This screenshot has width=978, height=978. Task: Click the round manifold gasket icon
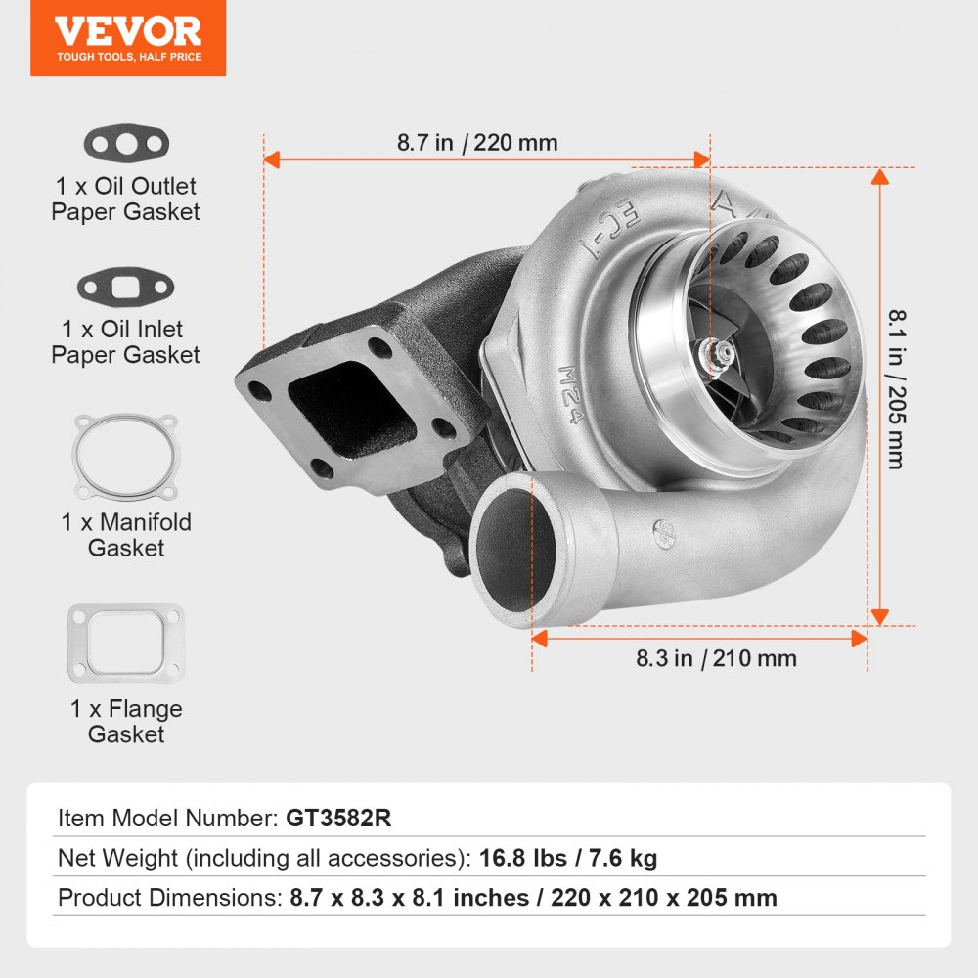click(127, 458)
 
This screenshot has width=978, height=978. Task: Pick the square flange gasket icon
click(125, 644)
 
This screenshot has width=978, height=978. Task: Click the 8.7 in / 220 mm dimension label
click(477, 143)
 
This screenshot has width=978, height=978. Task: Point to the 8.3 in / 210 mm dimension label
click(716, 659)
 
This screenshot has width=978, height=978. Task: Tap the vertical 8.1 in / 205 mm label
click(895, 389)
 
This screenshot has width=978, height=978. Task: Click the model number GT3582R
click(338, 819)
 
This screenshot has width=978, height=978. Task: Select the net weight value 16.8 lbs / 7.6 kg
click(568, 859)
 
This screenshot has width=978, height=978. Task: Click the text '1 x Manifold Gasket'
click(126, 535)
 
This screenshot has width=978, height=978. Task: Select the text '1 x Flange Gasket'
click(126, 722)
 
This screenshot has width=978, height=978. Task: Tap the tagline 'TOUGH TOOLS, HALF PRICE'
click(128, 58)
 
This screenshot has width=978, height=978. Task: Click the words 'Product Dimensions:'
click(170, 898)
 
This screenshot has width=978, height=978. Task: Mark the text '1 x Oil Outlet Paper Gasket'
click(125, 199)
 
